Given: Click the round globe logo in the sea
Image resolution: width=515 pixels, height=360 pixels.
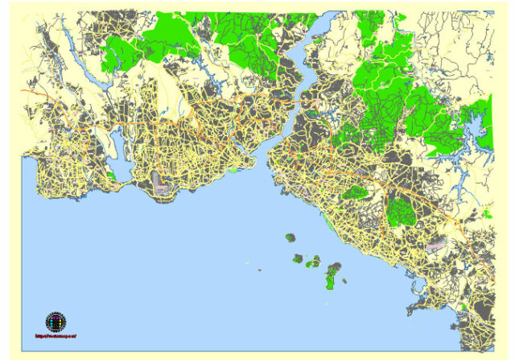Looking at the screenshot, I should point(56,321).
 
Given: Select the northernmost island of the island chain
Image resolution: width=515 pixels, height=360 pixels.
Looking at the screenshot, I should point(290,238).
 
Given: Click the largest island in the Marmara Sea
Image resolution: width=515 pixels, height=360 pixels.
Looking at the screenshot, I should point(332,275).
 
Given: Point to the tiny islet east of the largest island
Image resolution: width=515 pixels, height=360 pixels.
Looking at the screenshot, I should point(344,280).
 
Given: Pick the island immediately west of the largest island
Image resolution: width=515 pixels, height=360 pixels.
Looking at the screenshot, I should point(315,263).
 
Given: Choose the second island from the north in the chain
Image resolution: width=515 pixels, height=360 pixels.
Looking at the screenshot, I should point(298,259).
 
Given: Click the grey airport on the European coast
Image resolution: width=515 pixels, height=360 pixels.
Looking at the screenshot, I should point(161,188).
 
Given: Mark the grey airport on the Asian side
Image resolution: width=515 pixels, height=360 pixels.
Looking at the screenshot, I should point(435,242).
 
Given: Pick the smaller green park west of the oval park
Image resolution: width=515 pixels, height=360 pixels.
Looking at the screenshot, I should point(355,192).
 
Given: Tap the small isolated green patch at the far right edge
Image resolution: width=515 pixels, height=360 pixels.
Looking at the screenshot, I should point(487,214).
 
